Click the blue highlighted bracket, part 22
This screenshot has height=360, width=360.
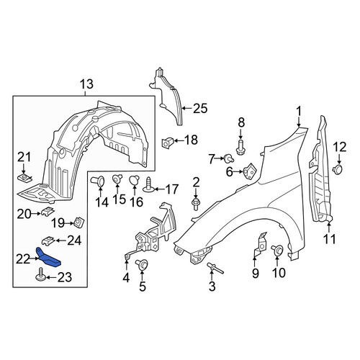49,258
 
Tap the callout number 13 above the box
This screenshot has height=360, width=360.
86,84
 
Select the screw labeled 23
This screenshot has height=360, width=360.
40,274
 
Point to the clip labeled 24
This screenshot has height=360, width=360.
48,240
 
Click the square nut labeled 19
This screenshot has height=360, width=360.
78,222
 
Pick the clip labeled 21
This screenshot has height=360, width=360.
24,179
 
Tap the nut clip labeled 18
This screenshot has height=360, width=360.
167,143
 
